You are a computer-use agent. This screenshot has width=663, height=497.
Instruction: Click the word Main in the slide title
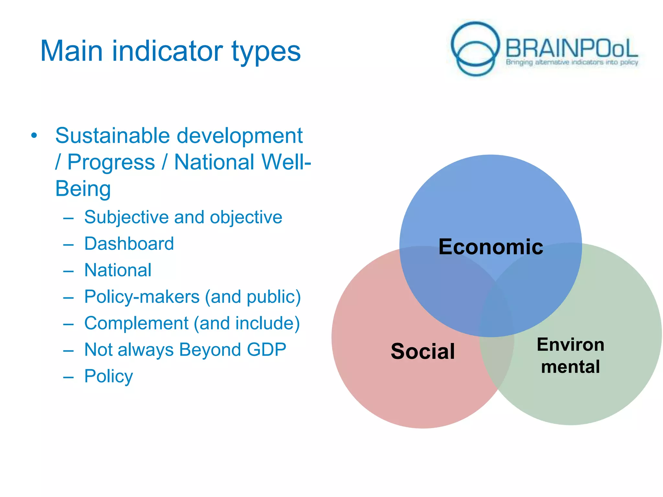pyautogui.click(x=72, y=51)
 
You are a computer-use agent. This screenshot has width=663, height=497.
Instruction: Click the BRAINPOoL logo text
pyautogui.click(x=571, y=49)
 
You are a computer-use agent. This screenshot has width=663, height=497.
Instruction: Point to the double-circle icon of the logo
pyautogui.click(x=475, y=49)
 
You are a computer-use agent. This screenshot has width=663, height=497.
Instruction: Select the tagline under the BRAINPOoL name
pyautogui.click(x=572, y=62)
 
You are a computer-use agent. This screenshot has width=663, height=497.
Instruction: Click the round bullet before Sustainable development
pyautogui.click(x=34, y=136)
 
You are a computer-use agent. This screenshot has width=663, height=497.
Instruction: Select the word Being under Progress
pyautogui.click(x=83, y=189)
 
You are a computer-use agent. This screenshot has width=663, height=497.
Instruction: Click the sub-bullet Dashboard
pyautogui.click(x=129, y=244)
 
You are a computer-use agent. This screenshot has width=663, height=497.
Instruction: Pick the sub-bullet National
pyautogui.click(x=118, y=270)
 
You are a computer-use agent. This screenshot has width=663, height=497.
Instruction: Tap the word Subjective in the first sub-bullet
pyautogui.click(x=126, y=217)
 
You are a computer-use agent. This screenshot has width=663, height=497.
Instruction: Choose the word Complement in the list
pyautogui.click(x=136, y=323)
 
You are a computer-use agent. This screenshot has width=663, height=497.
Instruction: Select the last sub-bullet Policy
pyautogui.click(x=108, y=376)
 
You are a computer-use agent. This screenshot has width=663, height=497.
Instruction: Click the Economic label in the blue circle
pyautogui.click(x=490, y=247)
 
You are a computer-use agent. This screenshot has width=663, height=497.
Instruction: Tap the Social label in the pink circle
pyautogui.click(x=422, y=351)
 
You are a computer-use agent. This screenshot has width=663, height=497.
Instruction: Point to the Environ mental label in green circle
pyautogui.click(x=570, y=355)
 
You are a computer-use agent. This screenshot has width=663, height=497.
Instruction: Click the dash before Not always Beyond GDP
pyautogui.click(x=68, y=350)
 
